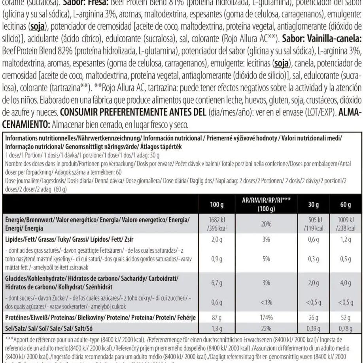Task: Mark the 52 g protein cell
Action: [345, 318]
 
